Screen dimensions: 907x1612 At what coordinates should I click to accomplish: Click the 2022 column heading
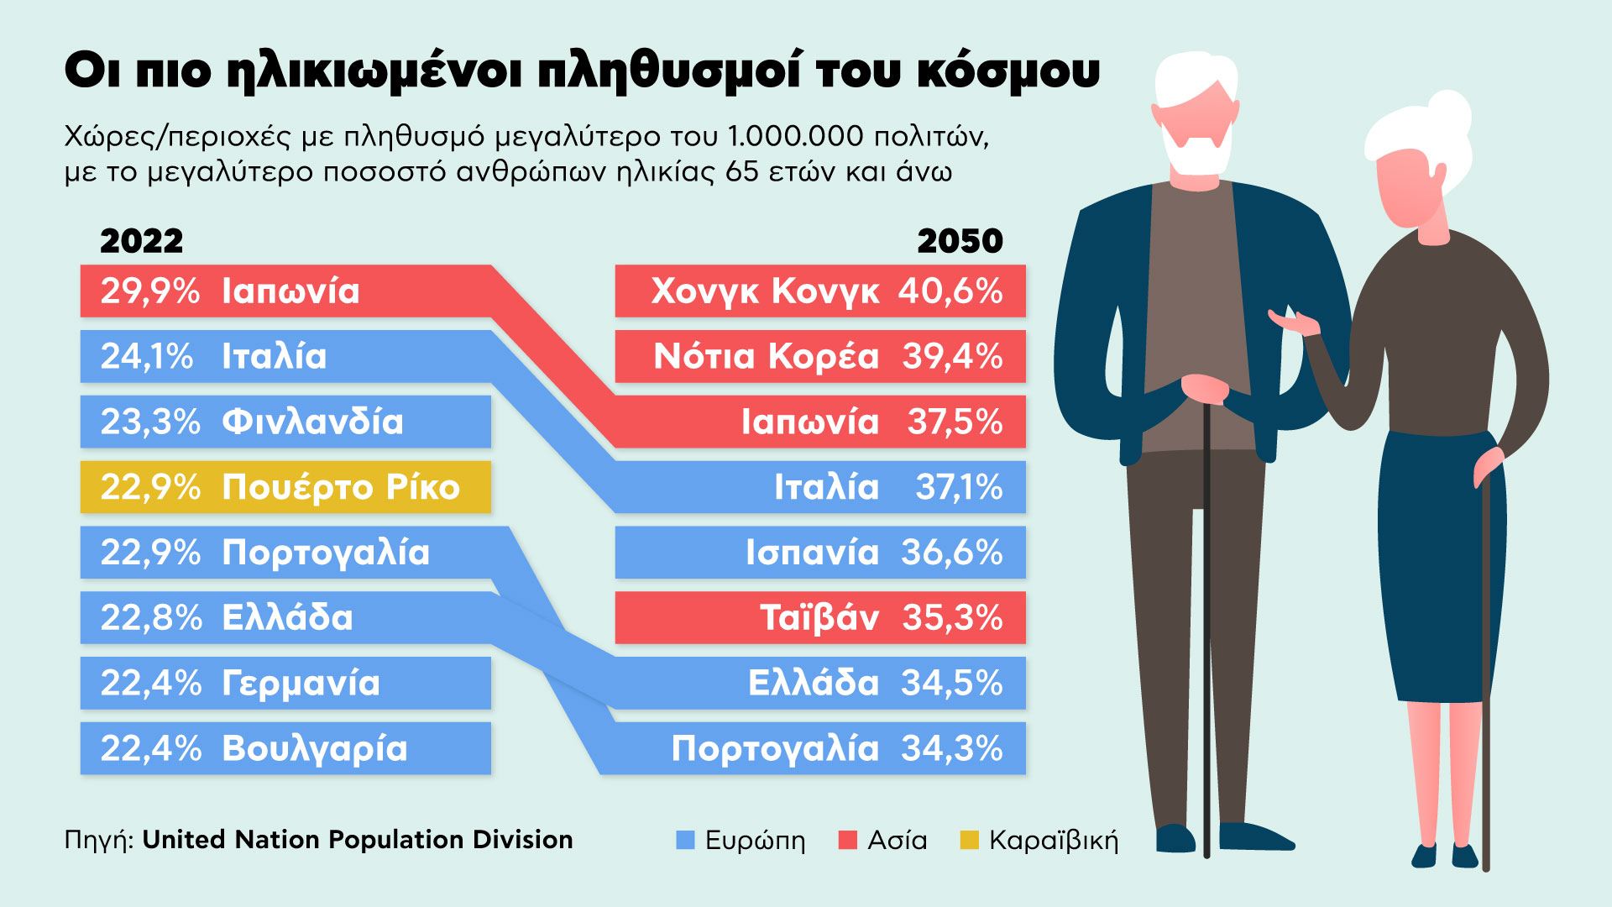point(141,242)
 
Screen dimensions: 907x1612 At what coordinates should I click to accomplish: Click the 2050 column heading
point(960,242)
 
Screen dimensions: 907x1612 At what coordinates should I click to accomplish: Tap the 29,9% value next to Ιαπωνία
point(150,291)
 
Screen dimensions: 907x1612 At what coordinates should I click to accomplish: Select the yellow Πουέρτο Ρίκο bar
point(285,487)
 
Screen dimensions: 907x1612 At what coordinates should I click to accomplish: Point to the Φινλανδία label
point(312,422)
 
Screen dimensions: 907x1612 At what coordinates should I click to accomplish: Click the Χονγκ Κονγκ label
point(765,291)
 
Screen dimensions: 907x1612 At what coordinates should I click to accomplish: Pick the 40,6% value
point(950,291)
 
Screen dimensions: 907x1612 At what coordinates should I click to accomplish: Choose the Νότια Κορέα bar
point(819,356)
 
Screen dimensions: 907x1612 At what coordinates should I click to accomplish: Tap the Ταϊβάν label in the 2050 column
point(819,618)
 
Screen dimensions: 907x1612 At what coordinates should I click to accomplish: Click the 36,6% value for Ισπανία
point(951,553)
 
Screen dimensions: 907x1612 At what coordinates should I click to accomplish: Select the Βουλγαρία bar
point(285,748)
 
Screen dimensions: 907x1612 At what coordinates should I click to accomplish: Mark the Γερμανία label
point(301,684)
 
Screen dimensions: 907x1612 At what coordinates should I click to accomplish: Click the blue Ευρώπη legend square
point(686,840)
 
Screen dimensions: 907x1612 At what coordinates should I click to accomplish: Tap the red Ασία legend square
point(848,840)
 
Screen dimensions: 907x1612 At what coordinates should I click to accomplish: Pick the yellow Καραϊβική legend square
point(970,840)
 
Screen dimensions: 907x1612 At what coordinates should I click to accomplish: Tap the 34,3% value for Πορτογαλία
point(951,748)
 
